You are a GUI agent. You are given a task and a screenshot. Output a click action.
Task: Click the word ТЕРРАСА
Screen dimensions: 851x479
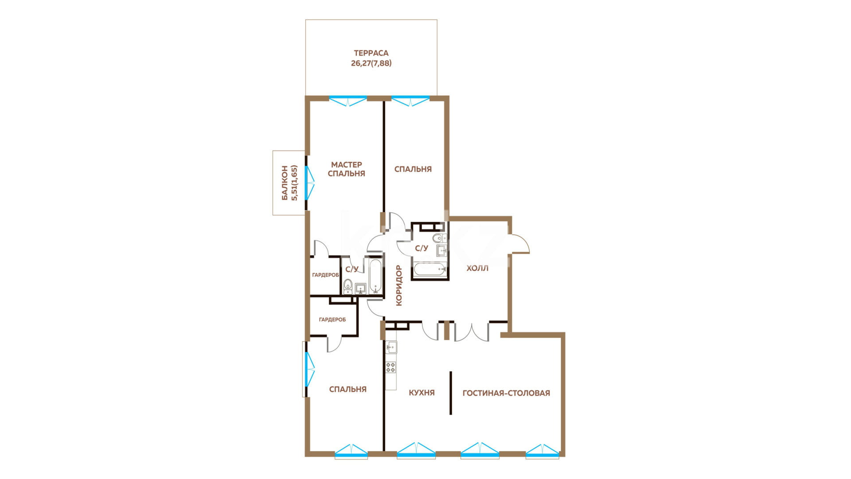point(371,53)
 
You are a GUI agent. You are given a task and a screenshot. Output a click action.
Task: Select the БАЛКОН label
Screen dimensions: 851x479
point(285,183)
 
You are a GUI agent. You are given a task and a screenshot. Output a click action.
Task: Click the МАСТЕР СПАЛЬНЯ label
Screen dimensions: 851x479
point(347,169)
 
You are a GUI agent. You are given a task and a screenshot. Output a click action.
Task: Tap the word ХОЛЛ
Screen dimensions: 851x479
point(477,268)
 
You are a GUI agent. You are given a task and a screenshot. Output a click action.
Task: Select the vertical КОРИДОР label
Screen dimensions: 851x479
point(399,285)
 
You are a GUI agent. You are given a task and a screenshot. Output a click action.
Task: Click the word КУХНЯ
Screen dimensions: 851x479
point(422,393)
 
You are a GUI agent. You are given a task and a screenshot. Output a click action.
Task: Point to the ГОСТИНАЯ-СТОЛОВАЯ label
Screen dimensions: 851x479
point(506,393)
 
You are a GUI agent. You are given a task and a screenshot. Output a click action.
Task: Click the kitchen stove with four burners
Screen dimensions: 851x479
point(391,367)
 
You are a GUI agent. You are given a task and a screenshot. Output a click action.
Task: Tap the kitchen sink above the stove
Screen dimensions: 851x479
point(391,346)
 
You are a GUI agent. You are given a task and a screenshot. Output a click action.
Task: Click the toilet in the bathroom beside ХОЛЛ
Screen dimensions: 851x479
point(439,238)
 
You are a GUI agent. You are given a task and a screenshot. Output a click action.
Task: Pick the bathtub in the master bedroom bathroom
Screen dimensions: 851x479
point(375,277)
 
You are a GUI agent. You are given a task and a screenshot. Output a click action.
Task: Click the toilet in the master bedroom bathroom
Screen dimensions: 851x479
point(348,287)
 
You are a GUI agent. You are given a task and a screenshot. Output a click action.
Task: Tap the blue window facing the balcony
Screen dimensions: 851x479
point(309,182)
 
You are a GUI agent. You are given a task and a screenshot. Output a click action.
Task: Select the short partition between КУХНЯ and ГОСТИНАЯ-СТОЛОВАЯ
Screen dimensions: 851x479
point(451,393)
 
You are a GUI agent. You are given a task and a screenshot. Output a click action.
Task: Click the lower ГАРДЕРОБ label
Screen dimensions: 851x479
point(332,319)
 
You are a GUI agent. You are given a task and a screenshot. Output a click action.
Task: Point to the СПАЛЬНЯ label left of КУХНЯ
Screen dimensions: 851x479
point(348,389)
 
